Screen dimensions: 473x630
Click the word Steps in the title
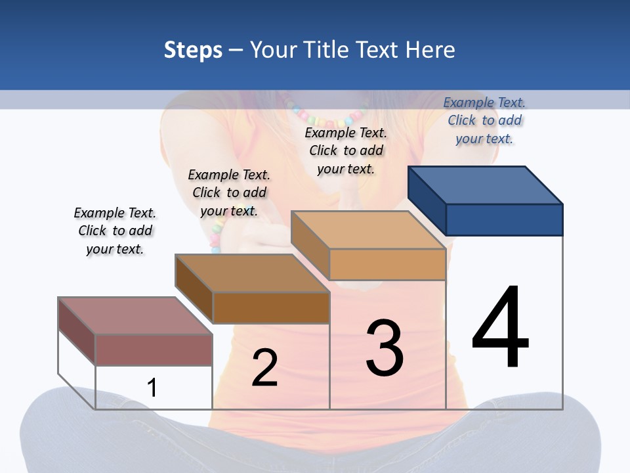[x=192, y=50]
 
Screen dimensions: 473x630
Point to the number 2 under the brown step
[x=264, y=368]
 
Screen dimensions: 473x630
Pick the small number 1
[x=152, y=388]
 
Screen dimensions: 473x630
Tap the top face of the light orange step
[x=368, y=230]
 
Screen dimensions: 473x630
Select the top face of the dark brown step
[x=252, y=273]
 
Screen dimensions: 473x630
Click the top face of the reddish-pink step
[x=135, y=316]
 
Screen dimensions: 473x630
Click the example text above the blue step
[x=484, y=120]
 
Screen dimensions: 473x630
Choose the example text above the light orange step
[x=346, y=150]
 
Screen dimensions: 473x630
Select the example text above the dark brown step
[x=229, y=192]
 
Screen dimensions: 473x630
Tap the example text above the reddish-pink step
[x=115, y=231]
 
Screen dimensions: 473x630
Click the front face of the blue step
[x=504, y=219]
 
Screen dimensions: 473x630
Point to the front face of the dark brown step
[x=271, y=307]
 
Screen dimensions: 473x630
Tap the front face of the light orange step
[x=387, y=264]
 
